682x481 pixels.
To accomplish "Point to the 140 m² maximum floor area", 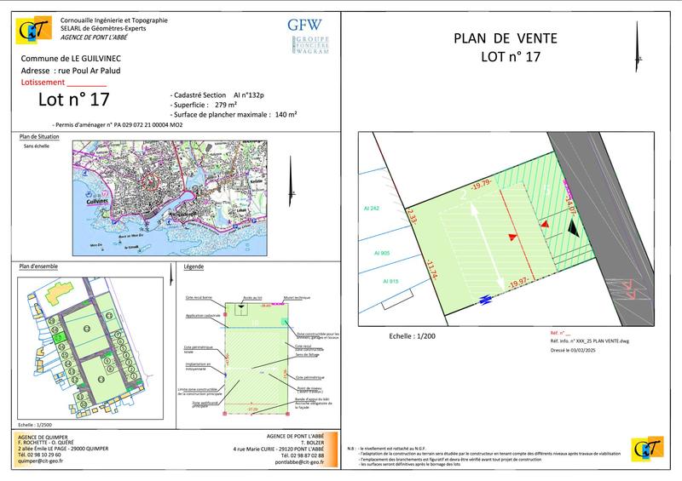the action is click(x=284, y=114).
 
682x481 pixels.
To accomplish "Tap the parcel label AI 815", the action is click(x=391, y=280).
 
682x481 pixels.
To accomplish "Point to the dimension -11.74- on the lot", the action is click(x=432, y=271).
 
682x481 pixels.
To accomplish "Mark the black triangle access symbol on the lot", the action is click(x=573, y=226).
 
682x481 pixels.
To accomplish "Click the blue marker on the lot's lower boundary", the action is click(x=486, y=299).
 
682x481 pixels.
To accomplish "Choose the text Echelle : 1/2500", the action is click(x=39, y=423).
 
